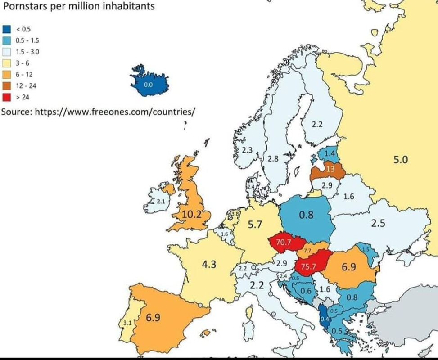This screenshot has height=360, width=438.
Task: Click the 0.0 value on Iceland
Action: click(148, 85)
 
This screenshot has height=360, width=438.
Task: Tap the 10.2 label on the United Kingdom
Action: click(192, 214)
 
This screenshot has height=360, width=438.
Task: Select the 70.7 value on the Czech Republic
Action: click(284, 243)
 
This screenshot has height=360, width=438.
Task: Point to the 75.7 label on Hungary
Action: click(308, 266)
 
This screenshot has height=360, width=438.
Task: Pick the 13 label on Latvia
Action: click(330, 169)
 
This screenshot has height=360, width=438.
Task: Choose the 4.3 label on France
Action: click(209, 264)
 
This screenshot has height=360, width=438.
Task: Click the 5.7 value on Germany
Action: click(255, 225)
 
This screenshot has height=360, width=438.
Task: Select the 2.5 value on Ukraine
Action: click(378, 223)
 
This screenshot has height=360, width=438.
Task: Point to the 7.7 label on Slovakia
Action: click(308, 250)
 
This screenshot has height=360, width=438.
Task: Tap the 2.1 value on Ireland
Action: click(161, 202)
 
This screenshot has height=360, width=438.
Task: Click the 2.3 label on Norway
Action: click(247, 150)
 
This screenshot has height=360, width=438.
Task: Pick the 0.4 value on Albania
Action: click(324, 319)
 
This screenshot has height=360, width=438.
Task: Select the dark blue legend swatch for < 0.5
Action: click(6, 30)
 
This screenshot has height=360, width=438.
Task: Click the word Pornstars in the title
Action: click(25, 6)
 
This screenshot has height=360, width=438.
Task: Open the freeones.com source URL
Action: click(115, 112)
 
